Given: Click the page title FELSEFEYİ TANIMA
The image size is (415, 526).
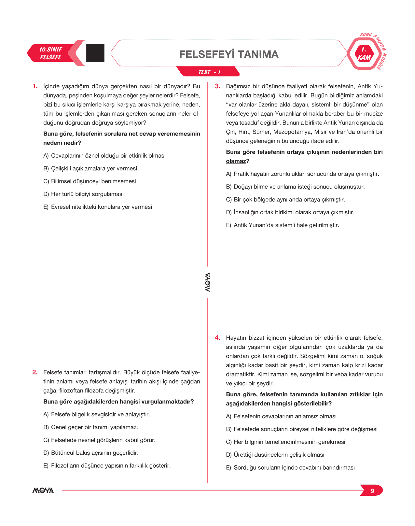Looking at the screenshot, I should point(229,54).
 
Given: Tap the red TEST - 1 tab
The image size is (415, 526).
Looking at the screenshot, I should point(209,72).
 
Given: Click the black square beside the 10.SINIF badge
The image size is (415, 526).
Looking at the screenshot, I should point(95,53).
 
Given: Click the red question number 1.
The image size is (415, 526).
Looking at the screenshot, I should point(35,86).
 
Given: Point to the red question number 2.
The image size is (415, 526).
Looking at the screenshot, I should point(35,372).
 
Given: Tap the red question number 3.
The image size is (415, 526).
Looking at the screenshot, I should point(217,86).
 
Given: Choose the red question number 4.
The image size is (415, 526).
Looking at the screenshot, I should point(217,338).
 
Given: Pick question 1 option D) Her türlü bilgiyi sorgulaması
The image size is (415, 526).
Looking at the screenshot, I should point(84,194).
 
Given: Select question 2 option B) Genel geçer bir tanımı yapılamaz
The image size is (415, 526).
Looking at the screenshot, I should point(91,427).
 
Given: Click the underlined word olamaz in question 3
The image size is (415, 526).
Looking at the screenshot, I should point(236,161).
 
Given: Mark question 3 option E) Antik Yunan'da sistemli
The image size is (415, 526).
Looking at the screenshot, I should point(283,225).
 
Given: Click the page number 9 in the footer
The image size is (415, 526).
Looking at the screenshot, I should point(372,491).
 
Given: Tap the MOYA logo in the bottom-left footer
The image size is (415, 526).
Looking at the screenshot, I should point(43,490).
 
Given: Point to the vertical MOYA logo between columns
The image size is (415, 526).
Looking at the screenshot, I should point(208,282).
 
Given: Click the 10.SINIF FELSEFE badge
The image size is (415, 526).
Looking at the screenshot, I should point(51,53).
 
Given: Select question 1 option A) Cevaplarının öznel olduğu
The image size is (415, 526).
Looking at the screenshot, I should point(104,156).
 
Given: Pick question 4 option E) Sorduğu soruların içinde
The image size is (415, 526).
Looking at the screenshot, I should point(290,468).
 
